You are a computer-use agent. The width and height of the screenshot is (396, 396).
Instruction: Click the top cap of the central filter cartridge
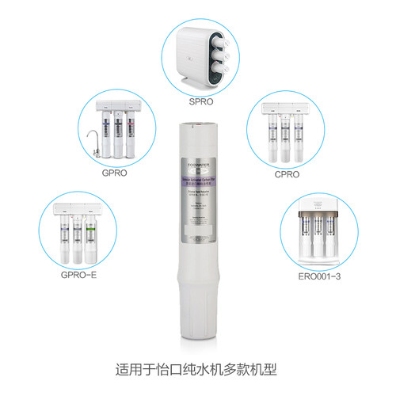point(197,125)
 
